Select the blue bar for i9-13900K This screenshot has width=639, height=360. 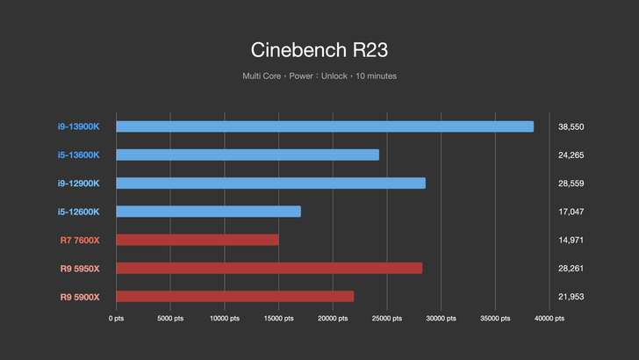click(325, 126)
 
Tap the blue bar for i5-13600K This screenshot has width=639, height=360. click(248, 155)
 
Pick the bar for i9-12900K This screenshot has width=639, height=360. click(270, 183)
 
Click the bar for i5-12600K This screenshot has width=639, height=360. click(208, 212)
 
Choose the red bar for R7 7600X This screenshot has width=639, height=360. click(197, 240)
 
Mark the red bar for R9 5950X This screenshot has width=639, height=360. click(269, 268)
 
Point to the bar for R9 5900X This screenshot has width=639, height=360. click(234, 296)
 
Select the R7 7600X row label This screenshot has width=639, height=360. click(80, 240)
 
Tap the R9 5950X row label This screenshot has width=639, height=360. click(80, 268)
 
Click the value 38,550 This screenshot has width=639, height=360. click(571, 126)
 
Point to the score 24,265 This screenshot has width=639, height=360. click(571, 155)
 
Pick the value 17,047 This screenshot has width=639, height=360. click(571, 212)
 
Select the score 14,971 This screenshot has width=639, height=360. click(571, 240)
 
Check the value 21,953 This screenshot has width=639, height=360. click(571, 296)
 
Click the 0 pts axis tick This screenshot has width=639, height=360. click(116, 319)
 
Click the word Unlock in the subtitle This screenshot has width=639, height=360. click(334, 76)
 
